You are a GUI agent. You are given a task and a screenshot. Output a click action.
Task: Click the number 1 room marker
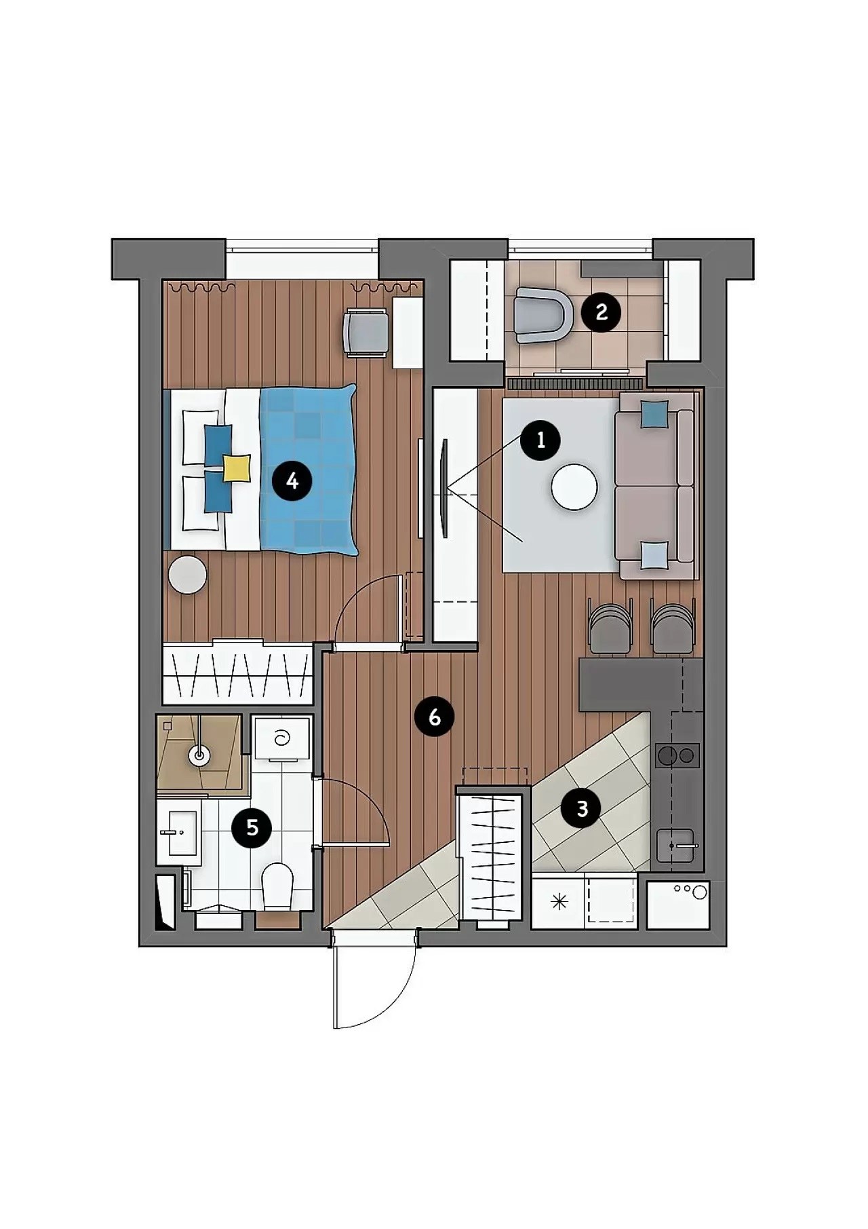tap(540, 440)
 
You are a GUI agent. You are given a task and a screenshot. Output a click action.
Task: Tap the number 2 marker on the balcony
tap(600, 312)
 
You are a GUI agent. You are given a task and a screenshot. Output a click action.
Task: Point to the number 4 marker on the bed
tap(292, 481)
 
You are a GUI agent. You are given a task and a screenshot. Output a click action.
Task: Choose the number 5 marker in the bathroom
tap(252, 827)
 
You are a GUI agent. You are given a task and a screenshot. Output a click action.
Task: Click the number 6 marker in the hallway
tap(435, 717)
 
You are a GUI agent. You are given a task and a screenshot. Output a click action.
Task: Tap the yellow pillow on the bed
tap(237, 468)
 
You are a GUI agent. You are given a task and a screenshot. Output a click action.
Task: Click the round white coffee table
tap(574, 487)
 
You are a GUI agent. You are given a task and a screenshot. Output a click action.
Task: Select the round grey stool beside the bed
tap(188, 575)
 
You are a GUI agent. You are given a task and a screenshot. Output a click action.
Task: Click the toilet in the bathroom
tap(277, 886)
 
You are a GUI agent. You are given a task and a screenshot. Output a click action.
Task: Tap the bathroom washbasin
tap(179, 832)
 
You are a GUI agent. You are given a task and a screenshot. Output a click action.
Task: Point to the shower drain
tap(199, 753)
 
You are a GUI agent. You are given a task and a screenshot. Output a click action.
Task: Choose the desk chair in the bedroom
tap(367, 332)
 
